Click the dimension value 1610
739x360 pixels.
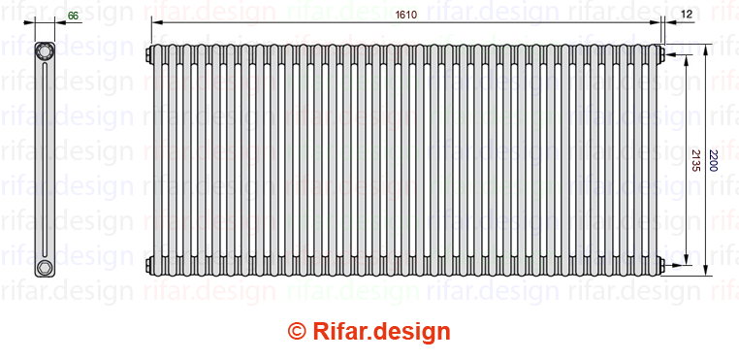click(x=405, y=15)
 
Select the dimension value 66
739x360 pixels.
click(x=73, y=16)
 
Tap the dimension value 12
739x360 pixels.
click(x=687, y=15)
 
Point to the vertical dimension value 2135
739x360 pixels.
click(x=695, y=160)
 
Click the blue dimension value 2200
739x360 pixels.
click(x=714, y=160)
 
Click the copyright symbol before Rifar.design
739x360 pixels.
click(x=297, y=331)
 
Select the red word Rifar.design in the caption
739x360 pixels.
click(x=381, y=332)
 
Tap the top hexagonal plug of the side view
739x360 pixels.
click(x=45, y=51)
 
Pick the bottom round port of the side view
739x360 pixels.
click(x=45, y=267)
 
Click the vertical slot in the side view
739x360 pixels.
click(x=45, y=160)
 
